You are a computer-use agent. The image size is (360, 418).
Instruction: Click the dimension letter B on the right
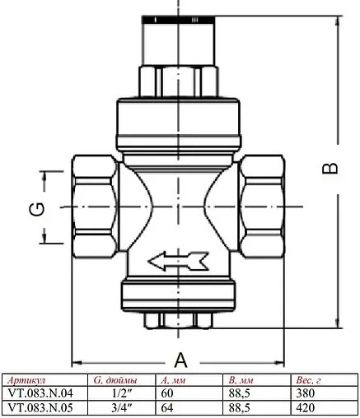(329, 168)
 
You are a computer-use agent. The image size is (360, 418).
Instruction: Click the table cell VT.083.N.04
(39, 392)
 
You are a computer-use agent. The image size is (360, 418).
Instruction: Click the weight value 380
(306, 392)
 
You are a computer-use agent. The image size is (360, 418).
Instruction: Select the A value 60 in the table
(169, 392)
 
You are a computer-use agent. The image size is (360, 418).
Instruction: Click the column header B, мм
(240, 381)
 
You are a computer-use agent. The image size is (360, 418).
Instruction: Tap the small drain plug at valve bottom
(179, 318)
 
